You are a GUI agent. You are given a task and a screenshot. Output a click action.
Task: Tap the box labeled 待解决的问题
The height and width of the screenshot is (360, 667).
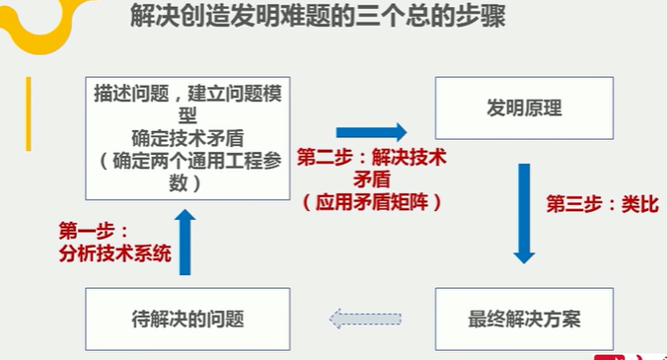[187, 319]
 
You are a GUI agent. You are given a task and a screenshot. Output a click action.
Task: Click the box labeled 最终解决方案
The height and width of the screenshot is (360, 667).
[524, 319]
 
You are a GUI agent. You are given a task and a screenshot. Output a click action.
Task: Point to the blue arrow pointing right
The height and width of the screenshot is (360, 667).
[371, 131]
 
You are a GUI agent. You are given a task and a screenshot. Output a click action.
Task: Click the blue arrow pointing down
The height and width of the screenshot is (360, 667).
[524, 213]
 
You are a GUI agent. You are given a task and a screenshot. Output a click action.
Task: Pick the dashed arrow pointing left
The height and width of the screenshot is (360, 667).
[365, 319]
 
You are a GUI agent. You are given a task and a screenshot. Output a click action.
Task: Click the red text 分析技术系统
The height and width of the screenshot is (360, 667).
[114, 252]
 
